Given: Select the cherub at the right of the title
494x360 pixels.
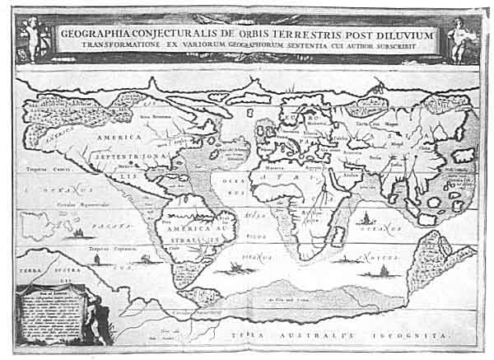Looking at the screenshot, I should click(x=459, y=35).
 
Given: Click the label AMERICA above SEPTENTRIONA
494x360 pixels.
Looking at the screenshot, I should click(x=120, y=138).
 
